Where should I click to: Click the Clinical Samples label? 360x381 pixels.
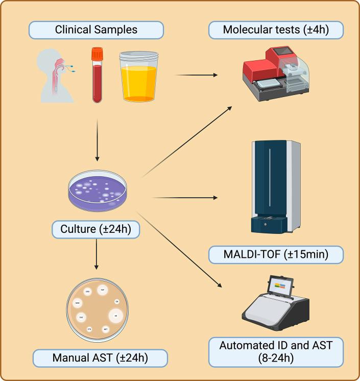(x=96, y=30)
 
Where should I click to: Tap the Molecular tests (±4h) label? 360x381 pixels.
(x=276, y=30)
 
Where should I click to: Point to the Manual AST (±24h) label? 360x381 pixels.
(x=100, y=358)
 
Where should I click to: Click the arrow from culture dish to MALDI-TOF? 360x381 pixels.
(x=184, y=197)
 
